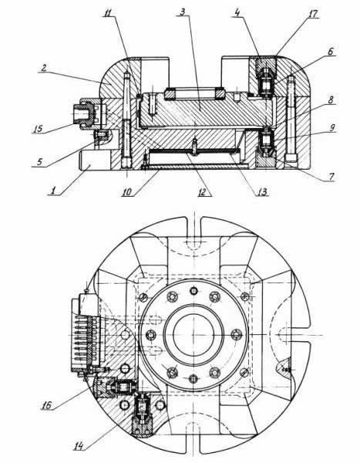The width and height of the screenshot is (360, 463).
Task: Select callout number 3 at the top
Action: click(x=183, y=12)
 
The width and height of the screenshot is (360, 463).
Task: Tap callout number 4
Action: click(x=237, y=12)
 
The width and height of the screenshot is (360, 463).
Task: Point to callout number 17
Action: click(x=313, y=14)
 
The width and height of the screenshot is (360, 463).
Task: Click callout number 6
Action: click(x=331, y=51)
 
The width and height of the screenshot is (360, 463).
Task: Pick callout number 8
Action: click(x=331, y=100)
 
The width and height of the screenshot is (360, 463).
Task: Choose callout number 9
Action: click(x=332, y=128)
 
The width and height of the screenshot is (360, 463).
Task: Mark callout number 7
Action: click(x=331, y=177)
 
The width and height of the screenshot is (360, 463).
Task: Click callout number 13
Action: click(x=262, y=192)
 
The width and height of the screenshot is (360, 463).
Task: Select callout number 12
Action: click(x=202, y=192)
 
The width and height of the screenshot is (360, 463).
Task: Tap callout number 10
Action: click(x=127, y=192)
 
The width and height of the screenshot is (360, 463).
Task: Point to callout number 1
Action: click(x=53, y=191)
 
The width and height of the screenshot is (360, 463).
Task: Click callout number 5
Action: click(x=40, y=162)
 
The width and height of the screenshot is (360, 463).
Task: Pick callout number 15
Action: click(x=38, y=129)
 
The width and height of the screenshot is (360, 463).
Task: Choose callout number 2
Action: click(x=44, y=68)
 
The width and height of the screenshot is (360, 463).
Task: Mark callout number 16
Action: click(x=46, y=405)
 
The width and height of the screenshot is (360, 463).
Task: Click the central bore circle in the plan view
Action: click(x=193, y=334)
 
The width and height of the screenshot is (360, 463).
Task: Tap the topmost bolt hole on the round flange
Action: click(x=193, y=291)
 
